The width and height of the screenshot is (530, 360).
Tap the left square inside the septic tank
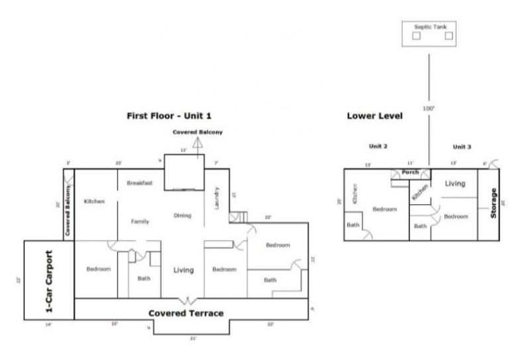417,36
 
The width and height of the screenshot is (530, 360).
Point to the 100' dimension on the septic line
428,107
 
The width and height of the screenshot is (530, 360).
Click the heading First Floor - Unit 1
169,115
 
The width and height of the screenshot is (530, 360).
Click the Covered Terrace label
185,313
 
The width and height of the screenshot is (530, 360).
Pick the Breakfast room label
140,183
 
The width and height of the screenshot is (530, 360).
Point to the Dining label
182,215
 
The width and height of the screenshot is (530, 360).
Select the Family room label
140,221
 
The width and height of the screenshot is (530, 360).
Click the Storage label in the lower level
494,204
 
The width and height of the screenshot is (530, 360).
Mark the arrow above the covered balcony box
197,142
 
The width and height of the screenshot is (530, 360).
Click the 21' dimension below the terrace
193,338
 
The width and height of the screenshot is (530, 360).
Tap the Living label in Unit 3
454,184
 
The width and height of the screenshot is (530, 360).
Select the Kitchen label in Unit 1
94,201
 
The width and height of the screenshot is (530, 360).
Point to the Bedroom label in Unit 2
384,209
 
